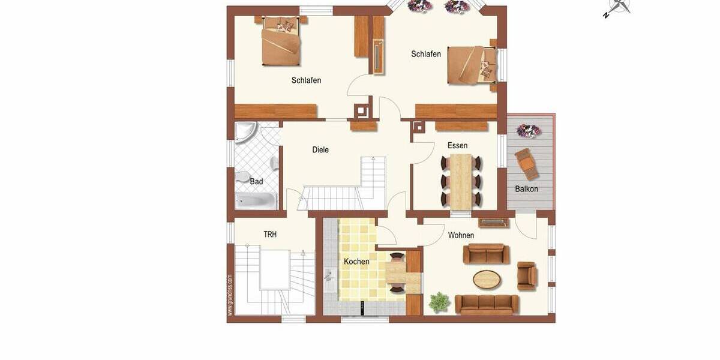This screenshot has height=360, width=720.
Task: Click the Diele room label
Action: pos(320,150)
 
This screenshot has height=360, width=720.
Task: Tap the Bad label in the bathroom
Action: pos(256,181)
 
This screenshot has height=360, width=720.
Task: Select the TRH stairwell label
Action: pos(270,235)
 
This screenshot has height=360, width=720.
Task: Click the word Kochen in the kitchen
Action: pos(356,262)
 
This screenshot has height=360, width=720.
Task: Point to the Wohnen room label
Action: pos(461,235)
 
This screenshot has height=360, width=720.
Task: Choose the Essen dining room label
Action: pos(457,146)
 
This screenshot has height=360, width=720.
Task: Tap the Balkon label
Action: pos(526,189)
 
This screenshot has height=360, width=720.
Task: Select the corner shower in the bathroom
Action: pos(246,133)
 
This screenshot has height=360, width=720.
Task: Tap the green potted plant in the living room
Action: pos(440,302)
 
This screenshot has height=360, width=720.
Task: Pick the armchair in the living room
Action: pos(527,275)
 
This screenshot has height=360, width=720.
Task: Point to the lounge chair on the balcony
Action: pos(526,163)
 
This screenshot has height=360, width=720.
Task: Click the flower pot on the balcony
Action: pos(528,130)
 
